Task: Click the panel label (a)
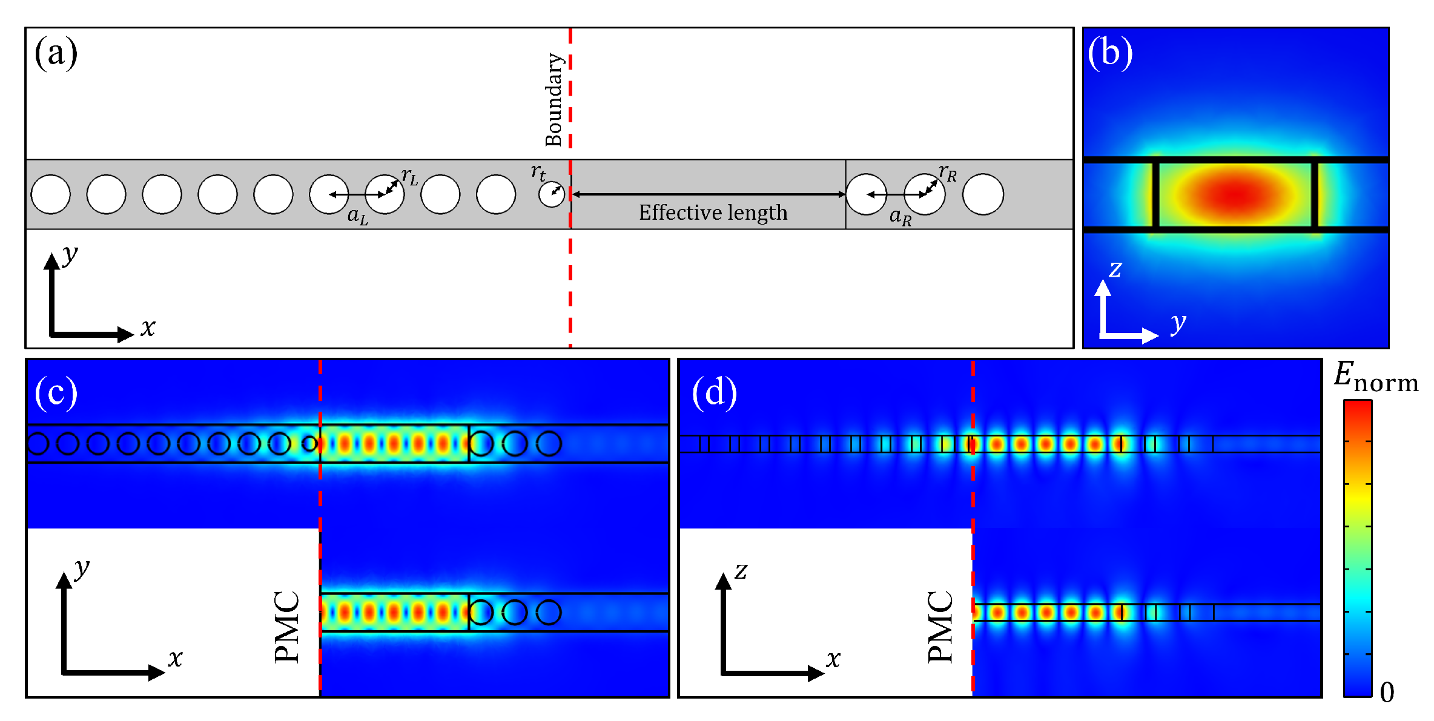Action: (56, 53)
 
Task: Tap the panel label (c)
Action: (56, 393)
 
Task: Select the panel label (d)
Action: (714, 393)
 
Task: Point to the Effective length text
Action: (713, 212)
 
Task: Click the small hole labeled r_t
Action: (552, 194)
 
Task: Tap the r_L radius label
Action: (410, 177)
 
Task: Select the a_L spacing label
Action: (357, 216)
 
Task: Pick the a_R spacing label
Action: (900, 216)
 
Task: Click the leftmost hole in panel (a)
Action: (51, 194)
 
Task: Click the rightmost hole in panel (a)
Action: (983, 194)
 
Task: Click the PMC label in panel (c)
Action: (287, 627)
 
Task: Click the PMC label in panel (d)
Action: (940, 627)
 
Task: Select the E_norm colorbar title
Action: (1375, 378)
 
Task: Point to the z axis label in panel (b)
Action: (1115, 269)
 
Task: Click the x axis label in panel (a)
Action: (148, 328)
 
